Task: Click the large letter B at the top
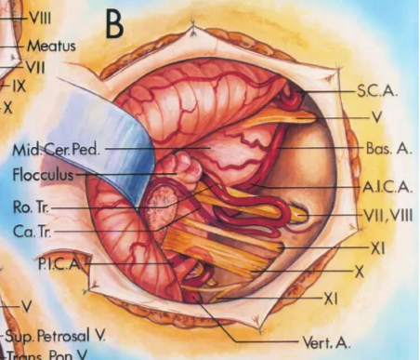[113, 24]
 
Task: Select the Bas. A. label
[380, 148]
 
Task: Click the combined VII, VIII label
[385, 215]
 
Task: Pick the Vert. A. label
[326, 343]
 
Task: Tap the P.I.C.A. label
[59, 264]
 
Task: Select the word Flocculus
[42, 174]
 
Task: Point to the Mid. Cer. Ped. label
[51, 150]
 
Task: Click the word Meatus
[50, 44]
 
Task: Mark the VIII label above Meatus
[41, 17]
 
